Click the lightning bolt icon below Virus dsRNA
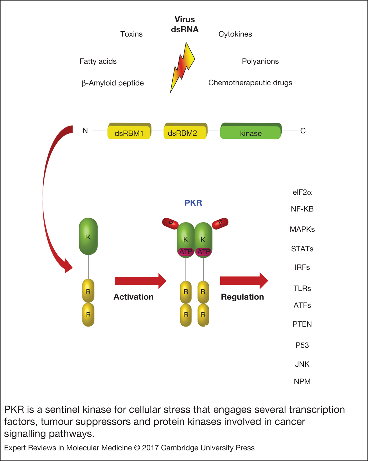(182, 67)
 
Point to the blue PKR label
(193, 203)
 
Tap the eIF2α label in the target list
(302, 192)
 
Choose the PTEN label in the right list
(302, 324)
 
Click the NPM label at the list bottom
(302, 381)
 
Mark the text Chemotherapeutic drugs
(250, 83)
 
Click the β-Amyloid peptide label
(113, 83)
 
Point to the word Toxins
(131, 34)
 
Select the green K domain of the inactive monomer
(88, 236)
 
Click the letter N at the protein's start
(85, 131)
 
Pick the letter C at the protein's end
(303, 131)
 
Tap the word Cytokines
(235, 34)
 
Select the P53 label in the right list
(302, 345)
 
